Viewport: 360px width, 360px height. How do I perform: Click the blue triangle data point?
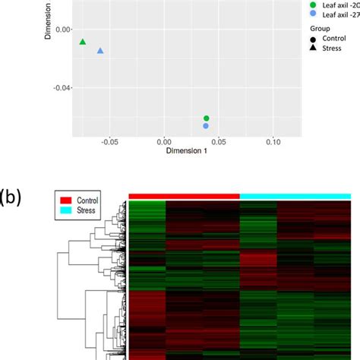point(100,51)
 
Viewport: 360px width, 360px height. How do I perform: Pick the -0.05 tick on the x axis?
point(109,141)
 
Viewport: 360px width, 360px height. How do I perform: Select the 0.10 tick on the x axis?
point(273,141)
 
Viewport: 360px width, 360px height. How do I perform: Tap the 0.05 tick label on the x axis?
point(219,141)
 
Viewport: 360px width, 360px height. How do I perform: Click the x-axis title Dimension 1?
point(177,151)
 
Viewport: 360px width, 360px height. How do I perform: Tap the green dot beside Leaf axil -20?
point(292,5)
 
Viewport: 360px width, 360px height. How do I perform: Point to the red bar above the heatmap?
point(184,196)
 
